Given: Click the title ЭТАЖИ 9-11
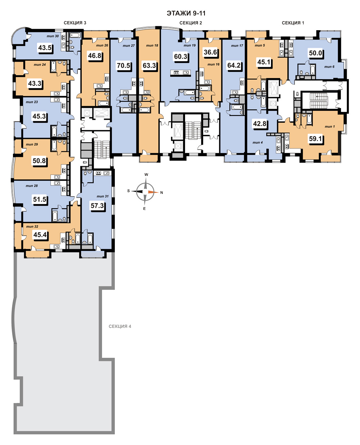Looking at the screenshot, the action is coord(186,13).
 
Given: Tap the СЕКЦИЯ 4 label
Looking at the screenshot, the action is coord(120,326).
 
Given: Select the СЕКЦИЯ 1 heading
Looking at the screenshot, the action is coord(293,23).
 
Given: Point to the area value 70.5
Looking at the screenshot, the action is coord(123,65).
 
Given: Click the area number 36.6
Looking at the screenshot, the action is coord(210,52).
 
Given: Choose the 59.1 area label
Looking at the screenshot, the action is coord(315,139).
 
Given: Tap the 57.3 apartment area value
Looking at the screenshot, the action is coord(97,206).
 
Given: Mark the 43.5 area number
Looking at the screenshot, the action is coord(45,48).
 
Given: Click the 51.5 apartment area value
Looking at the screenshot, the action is coord(40,199).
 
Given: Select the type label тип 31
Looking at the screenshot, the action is coord(103,196).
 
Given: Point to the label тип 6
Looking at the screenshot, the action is coord(329,67).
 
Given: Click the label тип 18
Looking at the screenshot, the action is coord(152,45).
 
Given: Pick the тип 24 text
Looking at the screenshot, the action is coord(40,65).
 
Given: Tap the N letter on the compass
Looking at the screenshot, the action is coord(162,193).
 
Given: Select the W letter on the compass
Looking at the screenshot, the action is coord(147,175).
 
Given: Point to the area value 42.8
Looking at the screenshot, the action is coord(260,123).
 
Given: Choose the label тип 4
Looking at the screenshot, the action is coord(257,142).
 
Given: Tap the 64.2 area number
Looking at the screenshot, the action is coord(234,65).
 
